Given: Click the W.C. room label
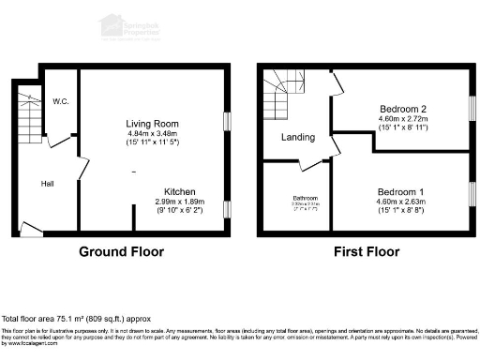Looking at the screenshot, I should point(61,100).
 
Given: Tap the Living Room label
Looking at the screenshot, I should point(152,124).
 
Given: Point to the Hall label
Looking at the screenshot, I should point(46,184).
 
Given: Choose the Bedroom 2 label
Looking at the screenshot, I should point(403,108).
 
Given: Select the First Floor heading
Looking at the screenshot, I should point(367,251).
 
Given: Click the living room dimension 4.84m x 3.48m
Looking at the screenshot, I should point(152,134).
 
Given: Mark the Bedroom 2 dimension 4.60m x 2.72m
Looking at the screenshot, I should point(403,118).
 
